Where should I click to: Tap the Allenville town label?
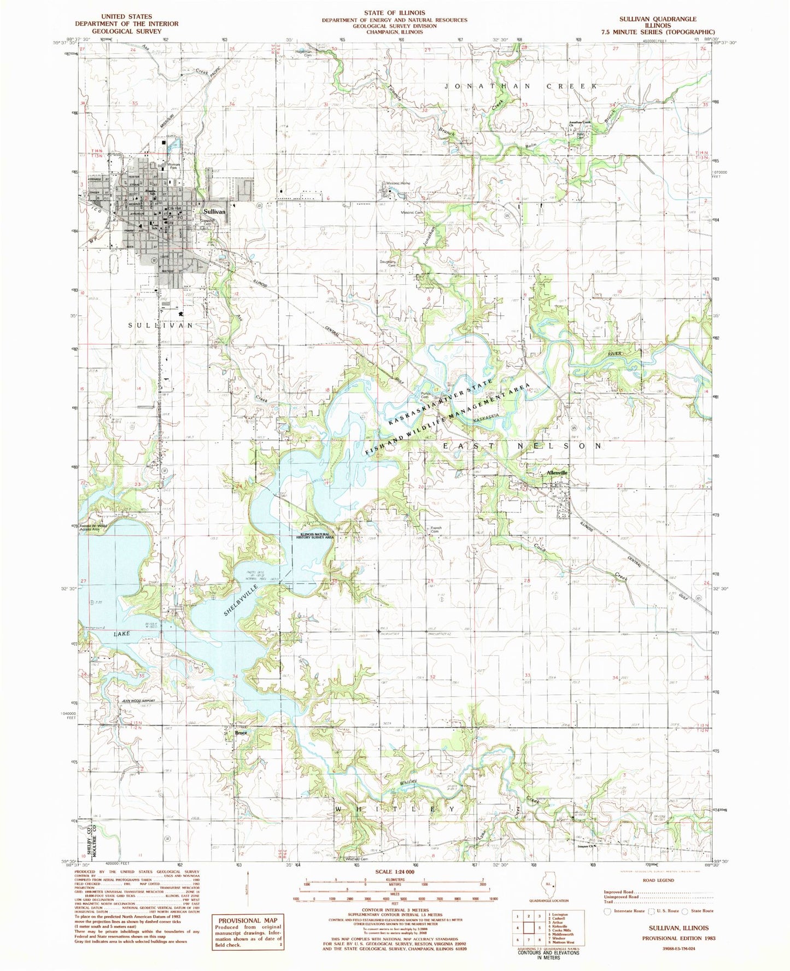click(554, 472)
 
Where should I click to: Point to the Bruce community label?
click(241, 733)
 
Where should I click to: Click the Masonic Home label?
click(397, 183)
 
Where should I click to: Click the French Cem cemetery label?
click(435, 530)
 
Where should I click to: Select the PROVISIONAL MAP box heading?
click(249, 920)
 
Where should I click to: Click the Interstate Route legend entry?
click(627, 911)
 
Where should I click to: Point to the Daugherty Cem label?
click(388, 263)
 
